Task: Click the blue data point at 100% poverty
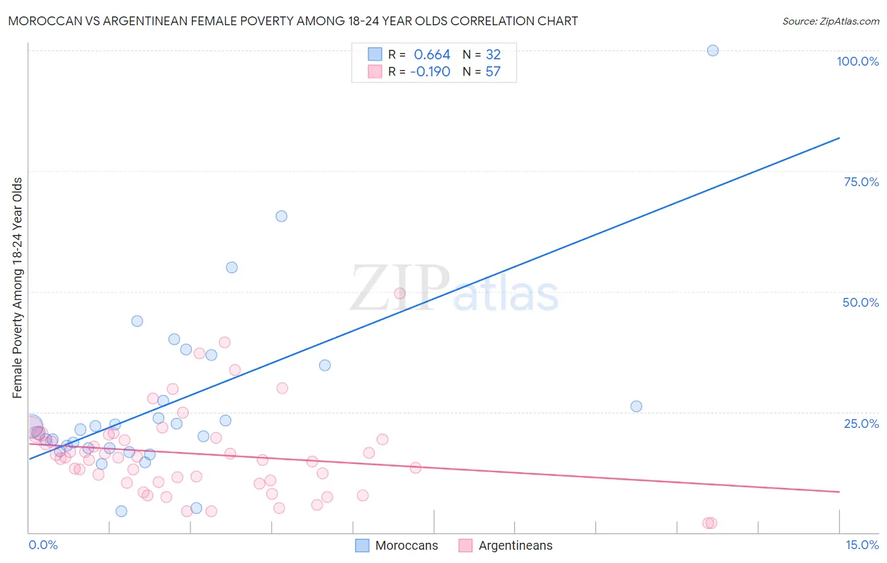pos(712,50)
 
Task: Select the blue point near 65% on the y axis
pos(281,216)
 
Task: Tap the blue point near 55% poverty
pos(232,268)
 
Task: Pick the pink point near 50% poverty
pos(399,293)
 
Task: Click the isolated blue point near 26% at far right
pos(636,406)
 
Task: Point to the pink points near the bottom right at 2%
pos(710,523)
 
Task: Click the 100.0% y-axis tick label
pos(857,61)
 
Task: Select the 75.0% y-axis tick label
pos(861,182)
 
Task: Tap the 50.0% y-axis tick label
pos(860,302)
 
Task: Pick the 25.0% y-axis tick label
pos(861,424)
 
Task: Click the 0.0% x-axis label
pos(43,545)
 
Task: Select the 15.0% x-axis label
pos(862,545)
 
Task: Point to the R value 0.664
pos(432,55)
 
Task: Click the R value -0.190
pos(430,72)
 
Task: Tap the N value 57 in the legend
pos(493,72)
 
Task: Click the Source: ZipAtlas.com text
pos(830,21)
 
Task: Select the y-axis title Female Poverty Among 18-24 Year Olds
pos(18,288)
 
